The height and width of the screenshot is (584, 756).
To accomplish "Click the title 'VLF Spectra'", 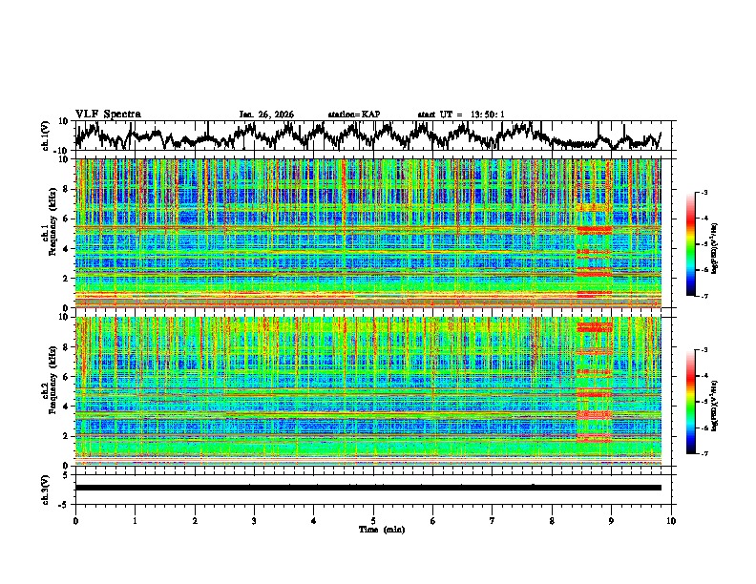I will pos(108,114).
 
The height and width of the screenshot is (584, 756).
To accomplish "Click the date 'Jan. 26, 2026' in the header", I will pos(266,115).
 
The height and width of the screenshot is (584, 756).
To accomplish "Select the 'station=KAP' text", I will pos(353,115).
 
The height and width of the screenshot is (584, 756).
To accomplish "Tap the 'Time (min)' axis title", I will pos(373,529).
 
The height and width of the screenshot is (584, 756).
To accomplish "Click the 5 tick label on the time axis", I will pos(373,520).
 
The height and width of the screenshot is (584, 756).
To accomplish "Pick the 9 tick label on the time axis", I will pos(612,520).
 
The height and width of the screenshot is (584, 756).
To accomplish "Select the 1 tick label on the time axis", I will pos(135,520).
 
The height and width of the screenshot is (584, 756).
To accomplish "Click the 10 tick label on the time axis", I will pos(671,520).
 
